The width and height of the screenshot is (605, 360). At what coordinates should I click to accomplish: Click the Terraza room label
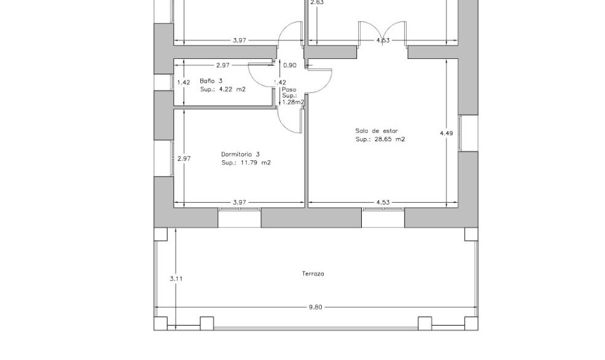313,274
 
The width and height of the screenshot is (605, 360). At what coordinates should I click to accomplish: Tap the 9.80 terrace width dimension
315,308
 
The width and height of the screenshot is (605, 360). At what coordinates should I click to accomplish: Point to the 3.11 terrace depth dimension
176,278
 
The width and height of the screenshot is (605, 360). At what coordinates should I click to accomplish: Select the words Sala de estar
377,131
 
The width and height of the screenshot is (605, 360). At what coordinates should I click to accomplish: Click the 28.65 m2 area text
389,139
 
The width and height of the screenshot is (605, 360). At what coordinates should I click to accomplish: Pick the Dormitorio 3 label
240,154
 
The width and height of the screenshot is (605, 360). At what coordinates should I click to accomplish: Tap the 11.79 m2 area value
256,163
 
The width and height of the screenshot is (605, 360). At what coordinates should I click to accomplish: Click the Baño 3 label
211,81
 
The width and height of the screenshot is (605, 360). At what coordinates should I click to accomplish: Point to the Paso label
289,90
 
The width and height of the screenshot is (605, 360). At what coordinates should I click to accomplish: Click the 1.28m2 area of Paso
293,102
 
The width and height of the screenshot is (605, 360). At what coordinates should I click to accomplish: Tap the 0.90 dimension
290,66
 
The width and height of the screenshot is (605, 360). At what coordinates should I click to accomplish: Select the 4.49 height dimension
447,133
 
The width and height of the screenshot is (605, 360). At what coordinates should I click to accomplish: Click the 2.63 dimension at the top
317,2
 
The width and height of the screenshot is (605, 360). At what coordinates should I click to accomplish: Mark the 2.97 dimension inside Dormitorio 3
184,158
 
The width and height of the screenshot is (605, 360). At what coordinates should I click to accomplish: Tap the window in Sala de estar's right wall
459,133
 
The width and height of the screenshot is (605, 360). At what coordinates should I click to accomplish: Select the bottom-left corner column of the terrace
160,323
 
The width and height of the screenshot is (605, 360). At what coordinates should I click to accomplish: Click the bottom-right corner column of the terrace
471,323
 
